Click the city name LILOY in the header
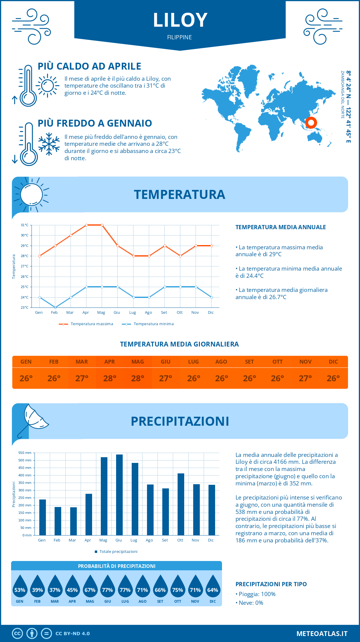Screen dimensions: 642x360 [x=180, y=20]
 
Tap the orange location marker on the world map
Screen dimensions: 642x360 [x=311, y=122]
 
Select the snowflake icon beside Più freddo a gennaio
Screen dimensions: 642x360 [x=49, y=144]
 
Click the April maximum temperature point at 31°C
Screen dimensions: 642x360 [x=86, y=225]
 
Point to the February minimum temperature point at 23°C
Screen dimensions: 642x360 [x=55, y=307]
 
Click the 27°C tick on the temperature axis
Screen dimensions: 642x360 [x=25, y=266]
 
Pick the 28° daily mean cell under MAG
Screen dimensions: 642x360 [x=138, y=378]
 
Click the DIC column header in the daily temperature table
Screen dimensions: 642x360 [x=333, y=362]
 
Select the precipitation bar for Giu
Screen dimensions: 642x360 [x=119, y=495]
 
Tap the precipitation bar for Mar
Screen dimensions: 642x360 [x=73, y=521]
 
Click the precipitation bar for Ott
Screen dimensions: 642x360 [x=181, y=504]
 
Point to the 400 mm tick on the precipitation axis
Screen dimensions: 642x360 [x=25, y=475]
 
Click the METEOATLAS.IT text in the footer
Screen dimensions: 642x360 [x=322, y=633]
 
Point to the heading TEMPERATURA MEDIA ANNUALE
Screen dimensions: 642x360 [x=280, y=227]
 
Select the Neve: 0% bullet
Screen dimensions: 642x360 [x=250, y=603]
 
